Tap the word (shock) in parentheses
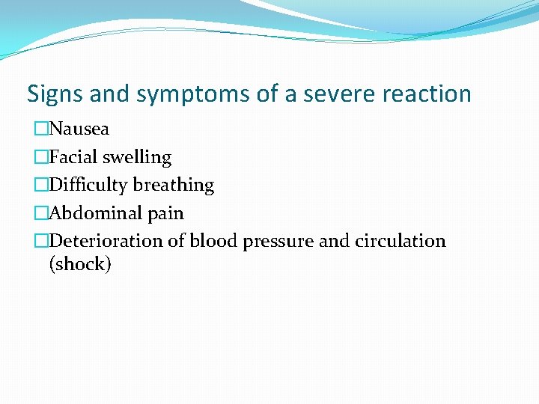(80, 264)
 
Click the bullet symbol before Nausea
(40, 129)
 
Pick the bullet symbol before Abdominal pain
(40, 213)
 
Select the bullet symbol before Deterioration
(40, 241)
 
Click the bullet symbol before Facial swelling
(40, 157)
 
